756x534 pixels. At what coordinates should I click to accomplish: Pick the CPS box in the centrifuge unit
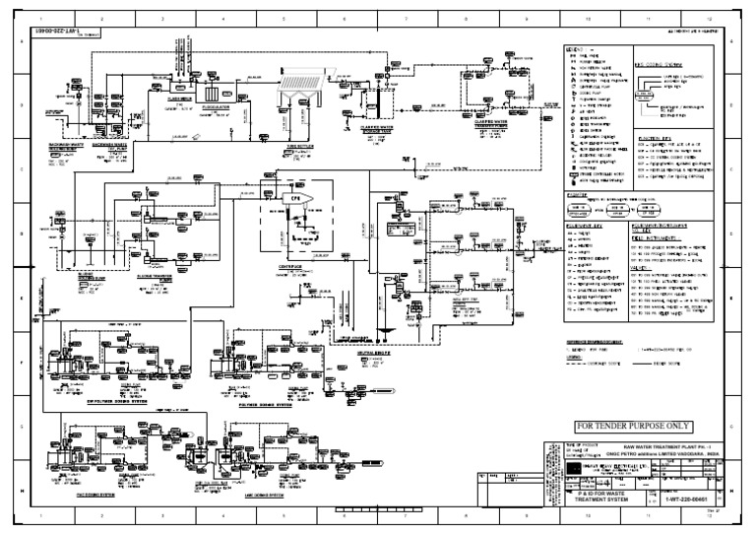coord(293,198)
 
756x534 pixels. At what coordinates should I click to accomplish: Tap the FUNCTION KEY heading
coord(654,137)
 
